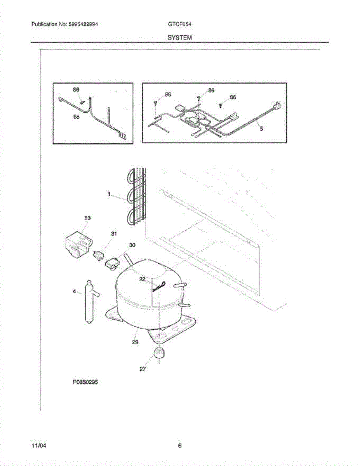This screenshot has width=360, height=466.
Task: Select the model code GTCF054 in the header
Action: click(180, 24)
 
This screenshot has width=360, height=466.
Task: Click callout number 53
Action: click(87, 219)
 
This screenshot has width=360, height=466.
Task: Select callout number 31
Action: click(114, 234)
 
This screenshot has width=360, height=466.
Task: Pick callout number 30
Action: click(132, 245)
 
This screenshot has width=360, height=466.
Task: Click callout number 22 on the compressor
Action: click(143, 279)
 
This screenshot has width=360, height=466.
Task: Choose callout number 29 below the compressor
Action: click(135, 343)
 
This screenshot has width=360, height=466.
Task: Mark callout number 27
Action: click(143, 369)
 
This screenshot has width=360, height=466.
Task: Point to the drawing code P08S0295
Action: click(85, 382)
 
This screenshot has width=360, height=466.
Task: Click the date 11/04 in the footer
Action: click(37, 446)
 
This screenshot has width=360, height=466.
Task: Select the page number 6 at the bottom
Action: click(180, 446)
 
